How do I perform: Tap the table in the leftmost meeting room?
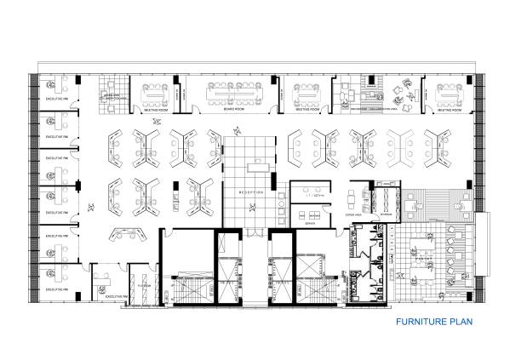(x=157, y=89)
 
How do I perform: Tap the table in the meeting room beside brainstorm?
(x=307, y=89)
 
